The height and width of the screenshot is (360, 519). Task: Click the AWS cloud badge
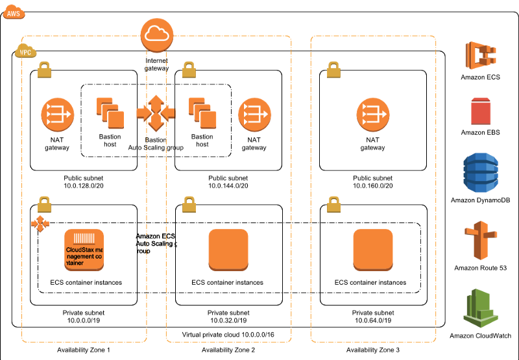coord(14,12)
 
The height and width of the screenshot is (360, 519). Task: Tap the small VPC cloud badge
coord(25,51)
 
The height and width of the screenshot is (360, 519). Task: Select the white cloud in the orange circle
coord(157,34)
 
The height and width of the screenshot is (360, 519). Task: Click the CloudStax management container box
coord(84,249)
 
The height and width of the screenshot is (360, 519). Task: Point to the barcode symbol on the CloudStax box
coord(84,238)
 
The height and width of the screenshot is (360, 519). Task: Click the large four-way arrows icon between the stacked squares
coord(156,113)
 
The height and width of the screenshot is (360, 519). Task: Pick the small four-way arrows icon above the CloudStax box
coord(40,224)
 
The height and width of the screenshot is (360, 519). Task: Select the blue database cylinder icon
coord(481,173)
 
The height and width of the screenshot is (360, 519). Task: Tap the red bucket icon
coord(481,111)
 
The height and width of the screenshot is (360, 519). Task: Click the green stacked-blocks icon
coord(481,307)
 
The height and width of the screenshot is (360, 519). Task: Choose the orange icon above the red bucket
coord(481,55)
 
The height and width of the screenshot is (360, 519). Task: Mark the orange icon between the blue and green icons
coord(481,240)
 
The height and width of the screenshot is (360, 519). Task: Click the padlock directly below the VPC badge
coord(44,69)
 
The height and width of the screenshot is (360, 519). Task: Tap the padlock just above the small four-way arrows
coord(44,204)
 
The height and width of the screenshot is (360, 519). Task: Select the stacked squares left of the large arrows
coord(110,113)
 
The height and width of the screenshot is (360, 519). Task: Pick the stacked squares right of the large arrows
coord(202,113)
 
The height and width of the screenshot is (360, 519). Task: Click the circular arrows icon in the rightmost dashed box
coord(373,114)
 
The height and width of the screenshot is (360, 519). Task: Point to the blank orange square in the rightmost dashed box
coord(373,249)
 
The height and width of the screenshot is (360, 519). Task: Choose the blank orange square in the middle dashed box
coord(228,249)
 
